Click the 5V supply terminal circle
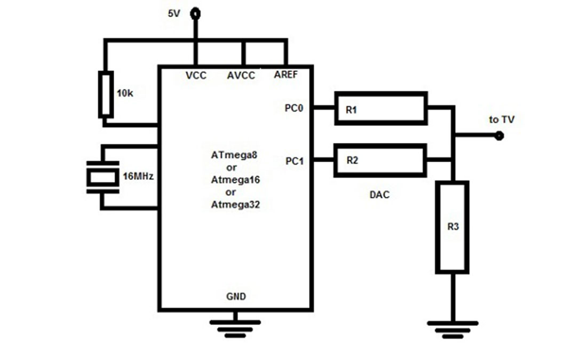(195, 14)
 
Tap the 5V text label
(174, 14)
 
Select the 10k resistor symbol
(106, 94)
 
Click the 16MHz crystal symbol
(102, 178)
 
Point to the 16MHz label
(138, 176)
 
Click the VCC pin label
(196, 76)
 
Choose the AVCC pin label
(241, 76)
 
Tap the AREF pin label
(285, 75)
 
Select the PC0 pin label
(294, 108)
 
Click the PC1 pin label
(295, 161)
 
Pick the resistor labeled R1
(381, 108)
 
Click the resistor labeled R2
(380, 161)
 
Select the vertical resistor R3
(452, 228)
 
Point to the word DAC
(379, 195)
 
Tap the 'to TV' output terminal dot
(498, 136)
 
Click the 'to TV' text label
(502, 120)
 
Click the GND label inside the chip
(236, 297)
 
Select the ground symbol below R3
(453, 329)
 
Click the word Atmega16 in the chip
(235, 180)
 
